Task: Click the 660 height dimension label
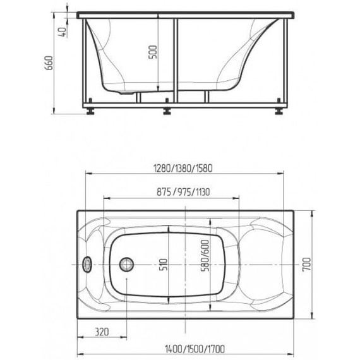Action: [49, 63]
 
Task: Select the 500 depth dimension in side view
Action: [153, 52]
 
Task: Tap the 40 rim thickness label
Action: [63, 32]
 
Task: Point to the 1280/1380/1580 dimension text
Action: [183, 168]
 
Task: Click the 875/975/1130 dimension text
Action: [183, 192]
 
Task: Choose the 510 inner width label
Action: [164, 265]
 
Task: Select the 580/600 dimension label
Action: [205, 256]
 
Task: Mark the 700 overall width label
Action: [306, 264]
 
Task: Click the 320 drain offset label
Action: [102, 332]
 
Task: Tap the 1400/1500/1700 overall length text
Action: [195, 349]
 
